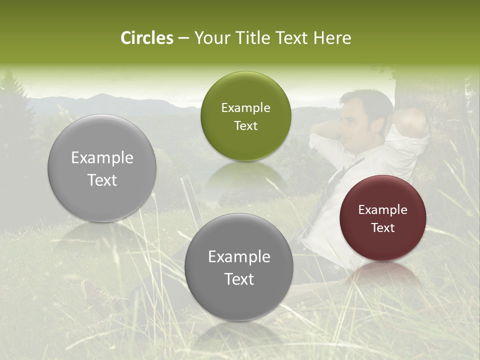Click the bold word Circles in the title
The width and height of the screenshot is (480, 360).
coord(147,38)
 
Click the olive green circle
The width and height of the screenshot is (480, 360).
coord(245,116)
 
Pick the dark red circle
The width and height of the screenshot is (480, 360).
coord(383,218)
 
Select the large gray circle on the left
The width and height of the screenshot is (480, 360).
coord(102,168)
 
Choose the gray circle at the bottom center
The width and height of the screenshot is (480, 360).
coord(239,267)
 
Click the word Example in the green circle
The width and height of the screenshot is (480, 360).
coord(245,108)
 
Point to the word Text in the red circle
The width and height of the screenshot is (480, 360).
coord(383,228)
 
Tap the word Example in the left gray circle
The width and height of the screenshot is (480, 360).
coord(102,158)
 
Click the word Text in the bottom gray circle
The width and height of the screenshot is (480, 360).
coord(239,279)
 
